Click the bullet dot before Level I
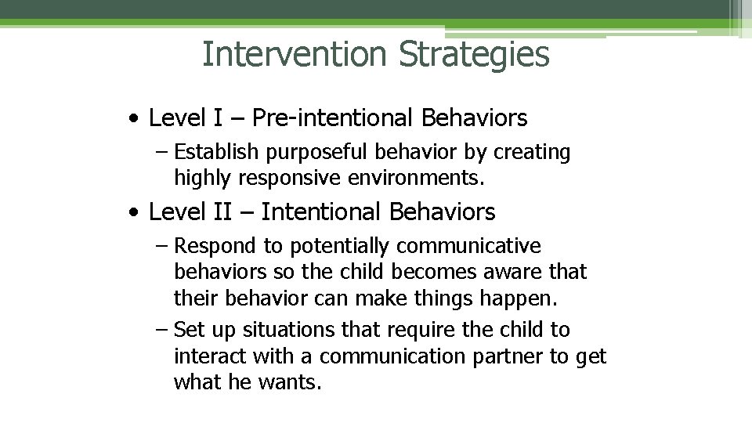[x=137, y=120]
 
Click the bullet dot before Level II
[x=137, y=212]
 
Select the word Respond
[x=215, y=247]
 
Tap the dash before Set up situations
[x=161, y=331]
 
